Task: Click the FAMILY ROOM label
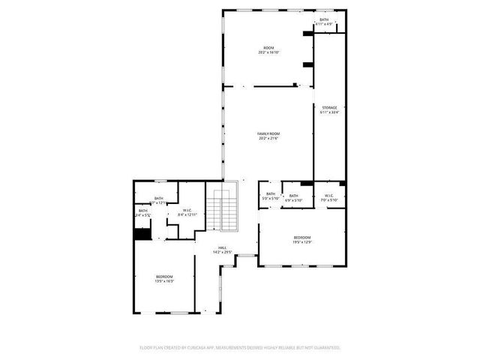[268, 133]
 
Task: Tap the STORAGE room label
[330, 108]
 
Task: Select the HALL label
[222, 247]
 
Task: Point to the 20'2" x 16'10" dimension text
[268, 52]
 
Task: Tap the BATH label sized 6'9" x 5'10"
[294, 196]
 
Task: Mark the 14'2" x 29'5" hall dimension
[222, 253]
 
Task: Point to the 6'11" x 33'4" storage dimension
[330, 113]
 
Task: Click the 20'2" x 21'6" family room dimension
[268, 139]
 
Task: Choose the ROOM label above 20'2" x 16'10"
[268, 47]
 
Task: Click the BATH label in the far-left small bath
[142, 211]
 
